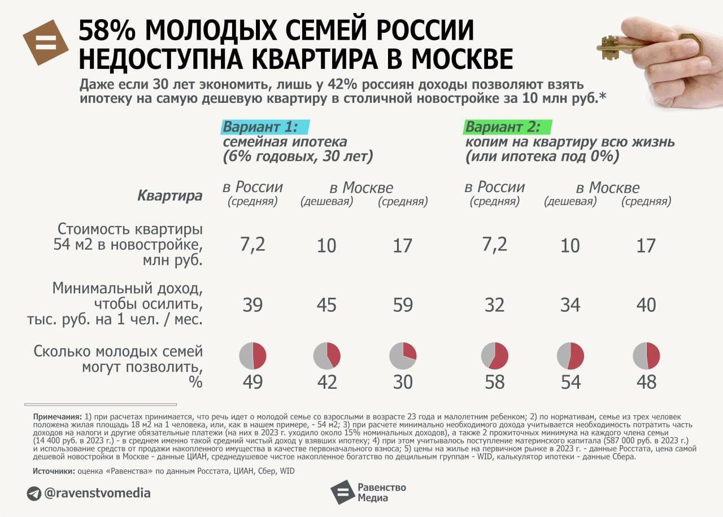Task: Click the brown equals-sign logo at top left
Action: click(45, 42)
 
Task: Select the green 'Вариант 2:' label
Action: click(502, 127)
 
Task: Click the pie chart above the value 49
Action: click(252, 356)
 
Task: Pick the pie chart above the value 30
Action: click(403, 356)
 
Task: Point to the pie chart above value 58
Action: click(495, 356)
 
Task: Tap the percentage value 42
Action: click(327, 382)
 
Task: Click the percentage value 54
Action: click(570, 382)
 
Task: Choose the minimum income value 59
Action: click(403, 305)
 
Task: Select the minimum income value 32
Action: click(495, 305)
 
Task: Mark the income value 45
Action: click(327, 305)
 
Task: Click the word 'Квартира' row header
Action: click(169, 196)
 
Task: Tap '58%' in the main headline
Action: click(107, 31)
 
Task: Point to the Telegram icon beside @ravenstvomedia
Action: click(34, 493)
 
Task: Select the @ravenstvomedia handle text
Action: click(97, 493)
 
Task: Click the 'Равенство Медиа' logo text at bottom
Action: click(381, 492)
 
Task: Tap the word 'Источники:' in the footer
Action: click(54, 471)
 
